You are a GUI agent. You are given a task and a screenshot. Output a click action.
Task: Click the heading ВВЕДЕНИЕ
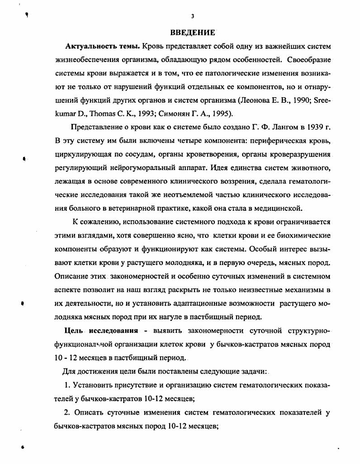[192, 33]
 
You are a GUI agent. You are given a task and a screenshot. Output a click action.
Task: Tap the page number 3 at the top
[193, 16]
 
